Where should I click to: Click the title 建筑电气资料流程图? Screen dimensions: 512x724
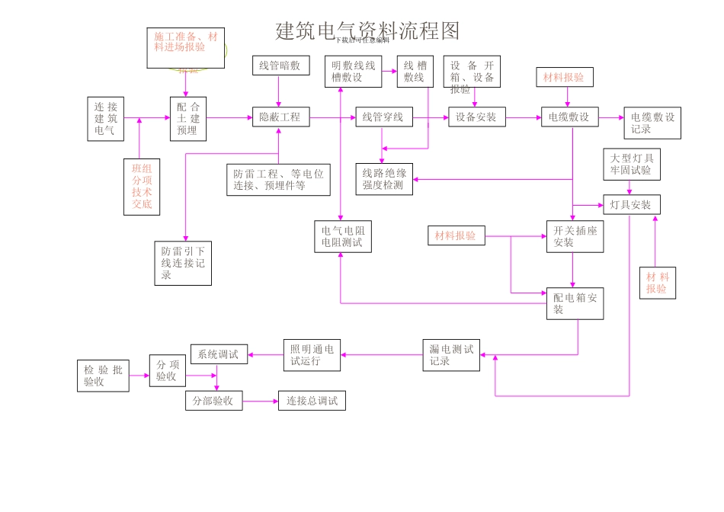[367, 30]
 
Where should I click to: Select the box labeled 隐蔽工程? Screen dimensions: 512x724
[280, 117]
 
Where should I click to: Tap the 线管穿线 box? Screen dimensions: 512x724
[383, 117]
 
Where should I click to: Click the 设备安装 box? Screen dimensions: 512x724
[476, 117]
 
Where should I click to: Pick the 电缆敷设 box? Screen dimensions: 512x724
[569, 117]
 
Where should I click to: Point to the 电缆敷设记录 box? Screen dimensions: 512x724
[652, 123]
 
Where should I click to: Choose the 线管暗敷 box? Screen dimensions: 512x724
[280, 66]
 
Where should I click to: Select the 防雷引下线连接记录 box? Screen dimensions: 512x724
[183, 263]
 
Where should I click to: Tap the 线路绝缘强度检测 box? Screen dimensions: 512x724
[384, 179]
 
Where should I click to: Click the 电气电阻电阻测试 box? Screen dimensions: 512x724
[343, 237]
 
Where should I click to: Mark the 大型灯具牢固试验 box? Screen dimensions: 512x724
[631, 165]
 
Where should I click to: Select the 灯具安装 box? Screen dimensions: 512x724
[631, 205]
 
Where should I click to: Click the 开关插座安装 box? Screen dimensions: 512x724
[575, 237]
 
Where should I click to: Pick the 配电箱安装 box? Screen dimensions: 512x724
[575, 303]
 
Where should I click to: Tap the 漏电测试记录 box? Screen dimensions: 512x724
[451, 355]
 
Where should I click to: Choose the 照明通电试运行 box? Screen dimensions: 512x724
[312, 355]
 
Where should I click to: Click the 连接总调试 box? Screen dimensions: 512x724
[312, 401]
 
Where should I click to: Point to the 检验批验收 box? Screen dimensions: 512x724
[103, 376]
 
